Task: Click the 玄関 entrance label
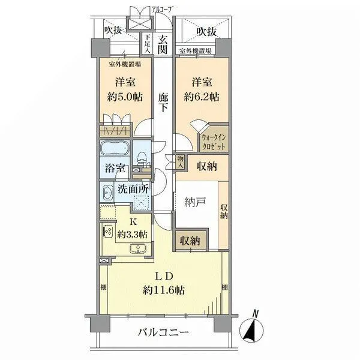click(163, 44)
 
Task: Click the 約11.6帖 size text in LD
click(164, 290)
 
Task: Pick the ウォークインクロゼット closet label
click(213, 142)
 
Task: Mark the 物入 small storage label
click(179, 162)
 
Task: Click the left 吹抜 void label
click(113, 30)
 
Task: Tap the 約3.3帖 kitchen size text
click(132, 234)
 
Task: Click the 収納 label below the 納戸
click(190, 241)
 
